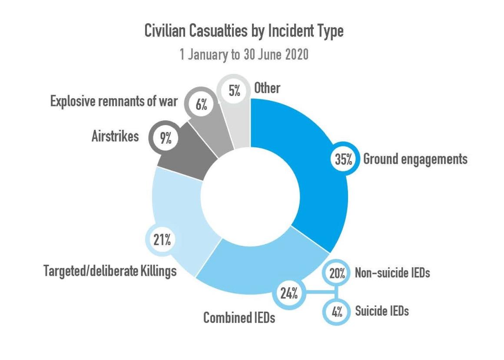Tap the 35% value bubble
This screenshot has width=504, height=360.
coord(343,159)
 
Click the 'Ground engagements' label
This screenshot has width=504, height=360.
coord(415,159)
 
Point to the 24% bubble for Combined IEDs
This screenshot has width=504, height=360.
coord(288,294)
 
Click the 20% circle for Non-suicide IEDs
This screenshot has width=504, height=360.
coord(337,274)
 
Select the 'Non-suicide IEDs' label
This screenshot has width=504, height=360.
coord(392,273)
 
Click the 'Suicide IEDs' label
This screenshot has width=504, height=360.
coord(381,311)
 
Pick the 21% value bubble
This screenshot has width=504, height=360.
coord(161,240)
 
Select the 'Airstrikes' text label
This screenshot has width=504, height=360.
coord(115,136)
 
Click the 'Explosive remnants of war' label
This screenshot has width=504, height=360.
coord(114,102)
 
